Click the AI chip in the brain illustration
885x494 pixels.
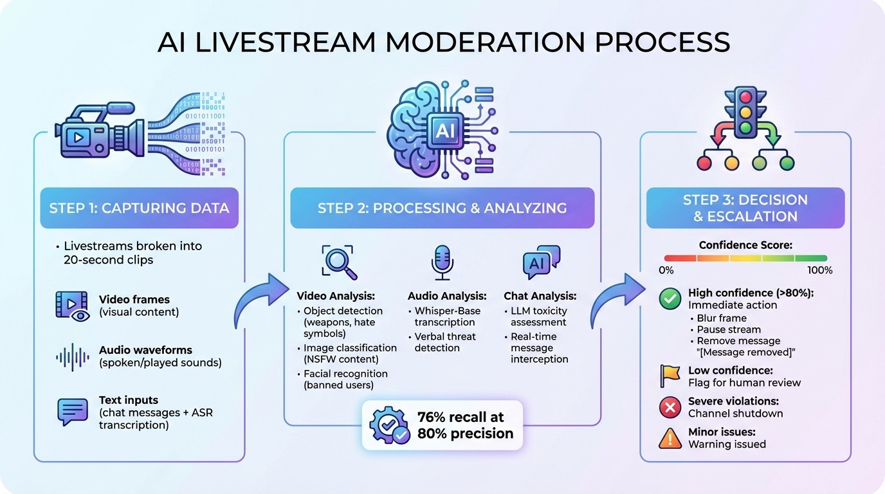(444, 131)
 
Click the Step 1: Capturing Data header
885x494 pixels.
(139, 208)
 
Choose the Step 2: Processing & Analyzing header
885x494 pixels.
(442, 208)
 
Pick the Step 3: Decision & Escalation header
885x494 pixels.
(745, 208)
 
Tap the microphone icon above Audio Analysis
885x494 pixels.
(442, 262)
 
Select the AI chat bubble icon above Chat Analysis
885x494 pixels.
(541, 263)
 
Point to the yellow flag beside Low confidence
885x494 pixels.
(670, 376)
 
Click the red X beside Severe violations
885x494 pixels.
(670, 407)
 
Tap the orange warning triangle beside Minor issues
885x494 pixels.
(670, 438)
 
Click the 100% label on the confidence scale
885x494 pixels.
(819, 270)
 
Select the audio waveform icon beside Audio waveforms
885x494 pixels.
(73, 356)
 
